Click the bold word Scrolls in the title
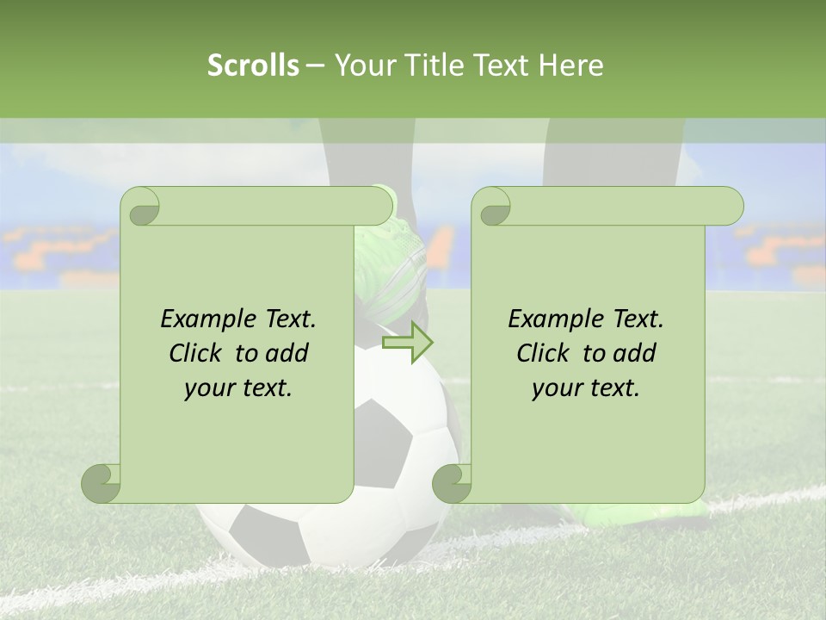[x=253, y=65]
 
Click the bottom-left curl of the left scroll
[x=102, y=483]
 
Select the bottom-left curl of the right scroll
[x=452, y=483]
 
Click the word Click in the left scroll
[x=195, y=353]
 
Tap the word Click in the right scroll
[x=543, y=353]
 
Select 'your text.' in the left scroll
[x=238, y=388]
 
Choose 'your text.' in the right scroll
[x=586, y=388]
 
